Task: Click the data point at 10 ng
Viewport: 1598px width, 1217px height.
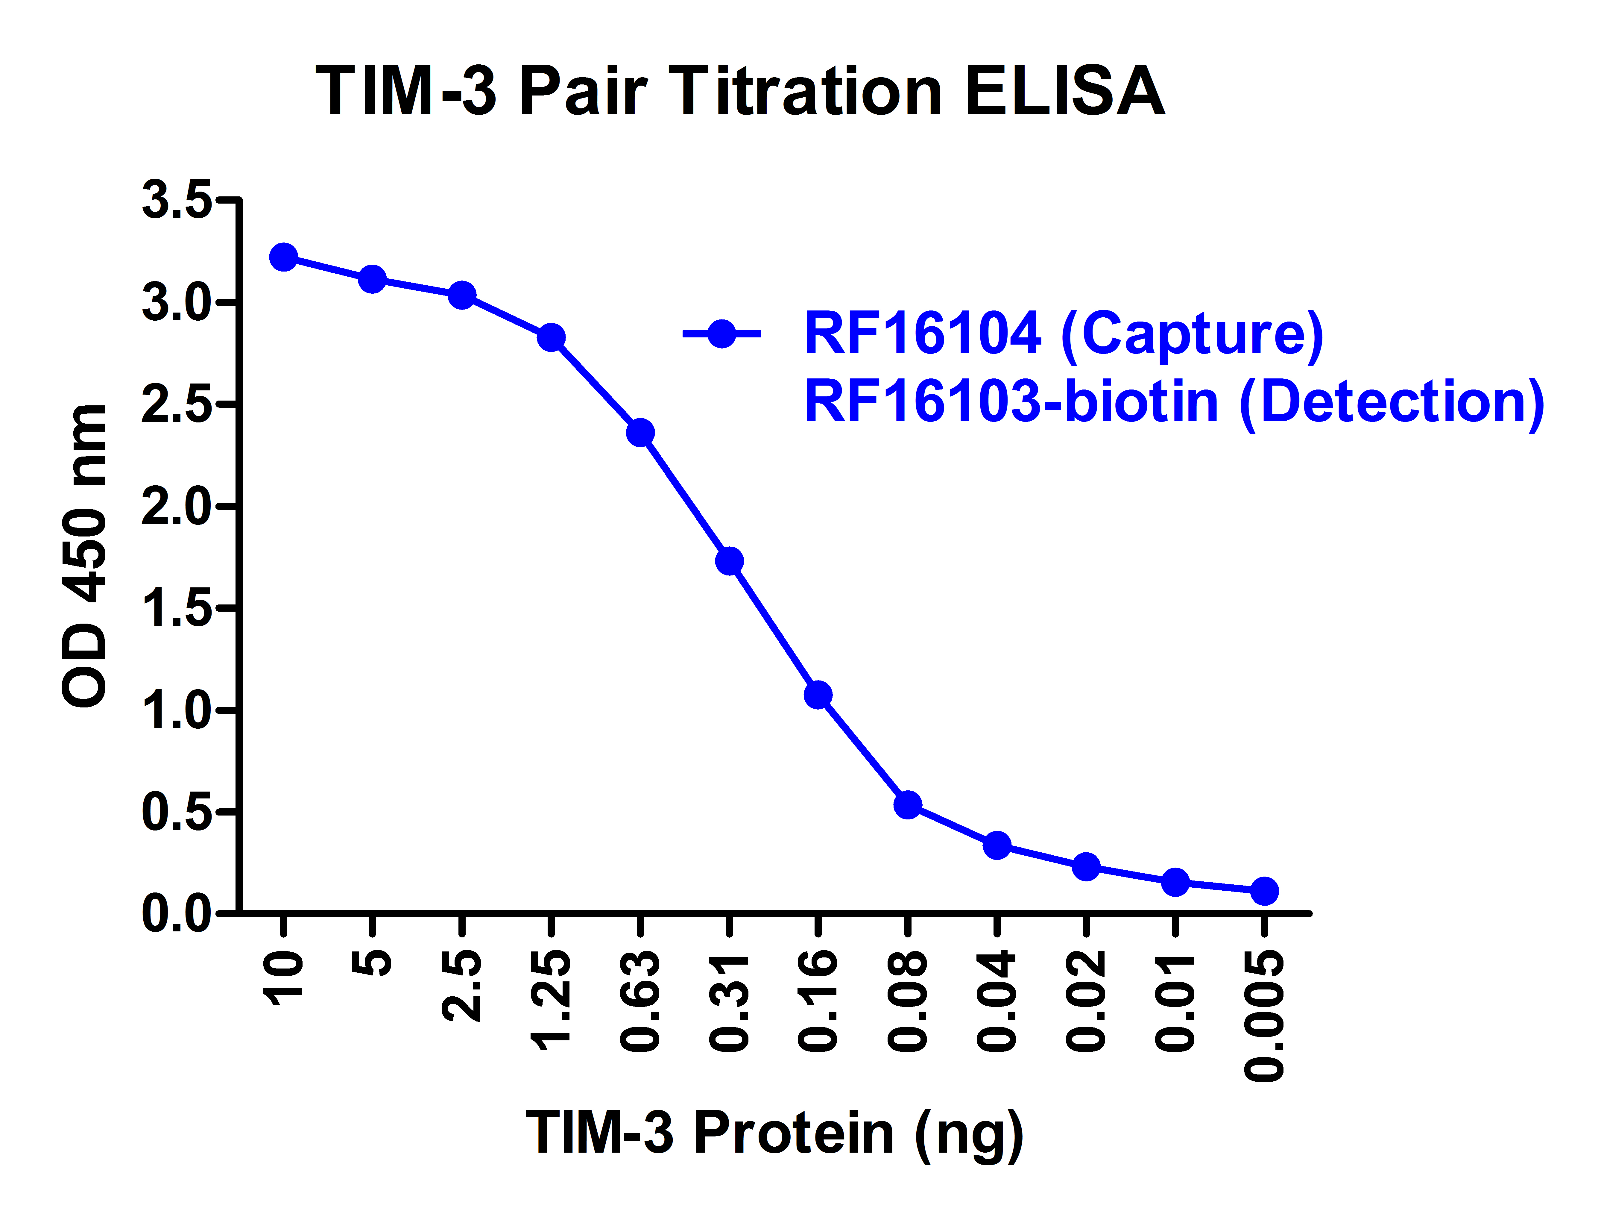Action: pyautogui.click(x=283, y=257)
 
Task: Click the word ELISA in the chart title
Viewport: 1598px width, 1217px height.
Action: pyautogui.click(x=1064, y=92)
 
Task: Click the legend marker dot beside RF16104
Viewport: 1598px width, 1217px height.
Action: pyautogui.click(x=721, y=334)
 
